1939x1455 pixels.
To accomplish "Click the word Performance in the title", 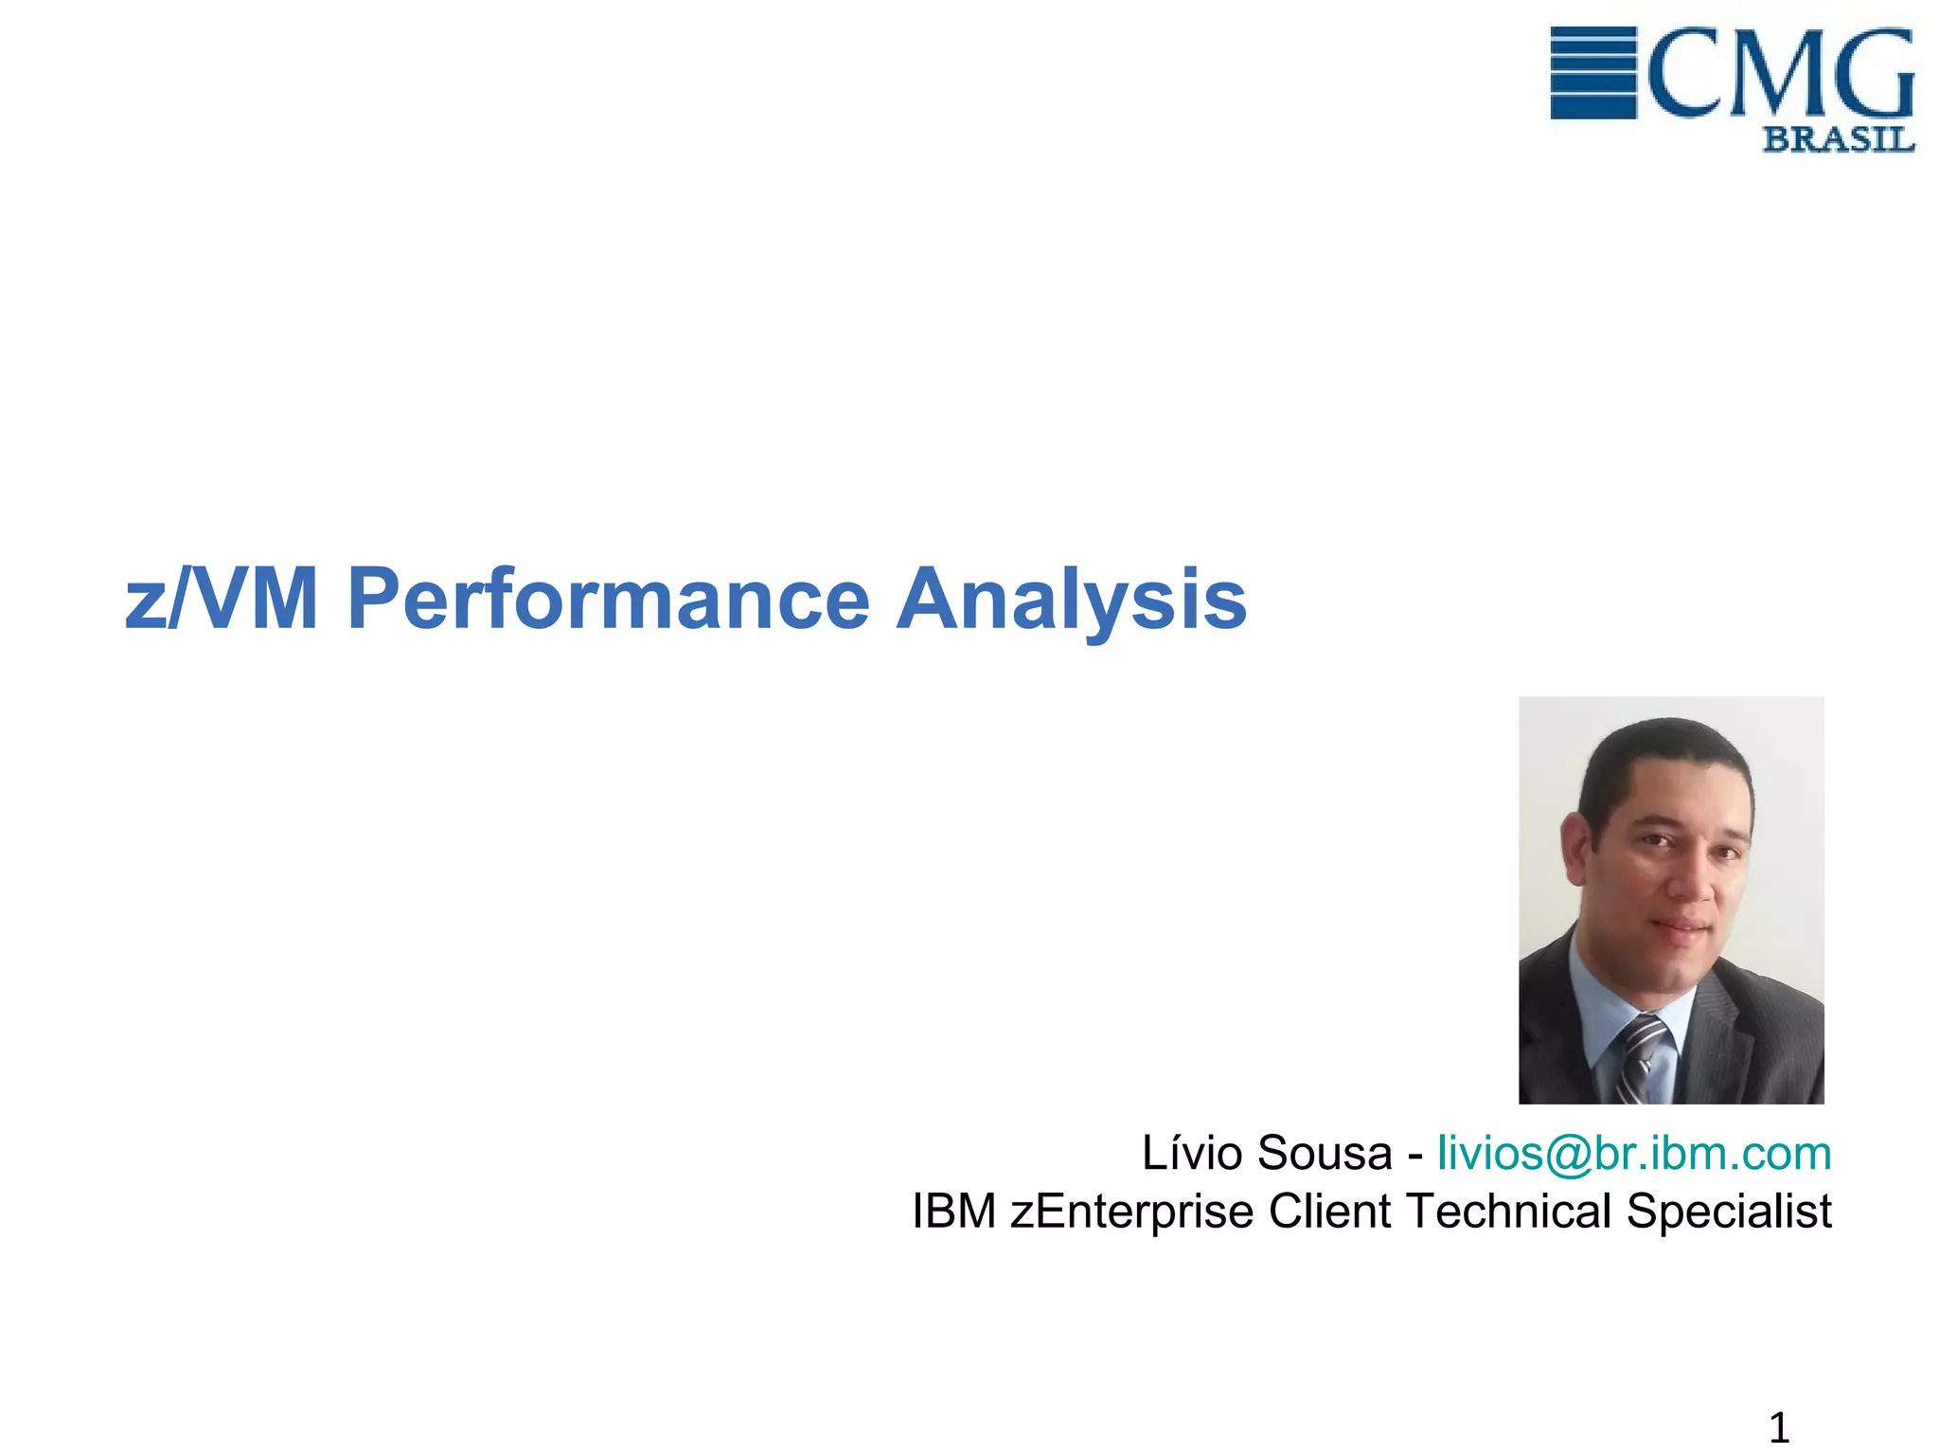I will (x=608, y=600).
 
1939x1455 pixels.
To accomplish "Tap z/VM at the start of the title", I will (x=221, y=600).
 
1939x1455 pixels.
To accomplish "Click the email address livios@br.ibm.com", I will (x=1634, y=1154).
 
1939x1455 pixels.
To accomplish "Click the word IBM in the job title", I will (x=953, y=1212).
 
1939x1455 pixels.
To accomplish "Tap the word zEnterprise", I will (x=1131, y=1212).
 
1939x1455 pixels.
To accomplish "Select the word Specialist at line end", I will (x=1729, y=1212).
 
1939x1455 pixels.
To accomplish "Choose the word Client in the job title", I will (x=1329, y=1212).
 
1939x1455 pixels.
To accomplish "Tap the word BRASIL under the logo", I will (x=1838, y=140).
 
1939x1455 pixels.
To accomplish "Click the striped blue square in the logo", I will (x=1592, y=73).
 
